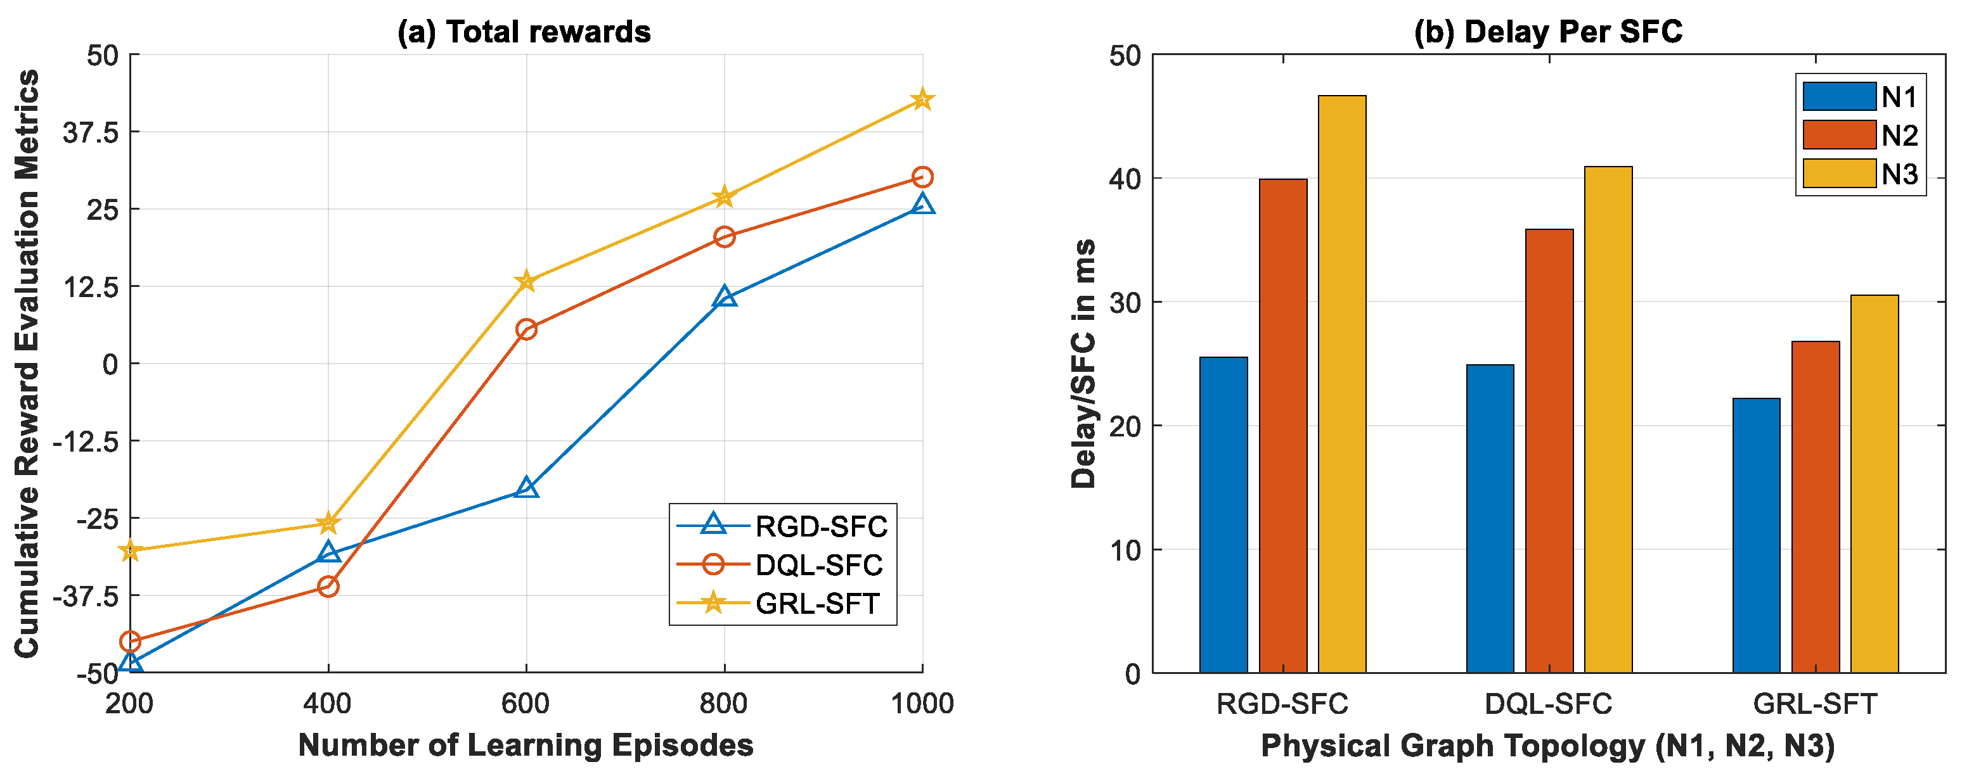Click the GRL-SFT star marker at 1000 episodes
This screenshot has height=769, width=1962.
922,99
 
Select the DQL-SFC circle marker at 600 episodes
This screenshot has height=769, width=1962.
526,329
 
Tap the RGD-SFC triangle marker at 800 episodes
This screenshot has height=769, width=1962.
725,297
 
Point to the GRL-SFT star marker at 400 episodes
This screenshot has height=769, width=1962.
328,523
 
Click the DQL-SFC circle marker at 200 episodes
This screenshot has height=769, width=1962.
130,641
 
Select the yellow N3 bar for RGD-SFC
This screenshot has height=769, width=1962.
1342,384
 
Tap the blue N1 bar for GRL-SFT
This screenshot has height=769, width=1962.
1757,535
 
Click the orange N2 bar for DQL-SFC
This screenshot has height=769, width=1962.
1549,451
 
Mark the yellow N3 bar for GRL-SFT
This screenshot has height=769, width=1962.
1875,483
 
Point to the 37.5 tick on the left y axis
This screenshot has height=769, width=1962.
91,132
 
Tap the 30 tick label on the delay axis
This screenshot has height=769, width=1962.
1125,303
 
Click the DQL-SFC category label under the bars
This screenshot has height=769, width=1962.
1549,704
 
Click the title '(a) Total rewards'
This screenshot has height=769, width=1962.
524,32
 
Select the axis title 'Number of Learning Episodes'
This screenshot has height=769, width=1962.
526,746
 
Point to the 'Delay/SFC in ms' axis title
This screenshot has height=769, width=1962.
1083,364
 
